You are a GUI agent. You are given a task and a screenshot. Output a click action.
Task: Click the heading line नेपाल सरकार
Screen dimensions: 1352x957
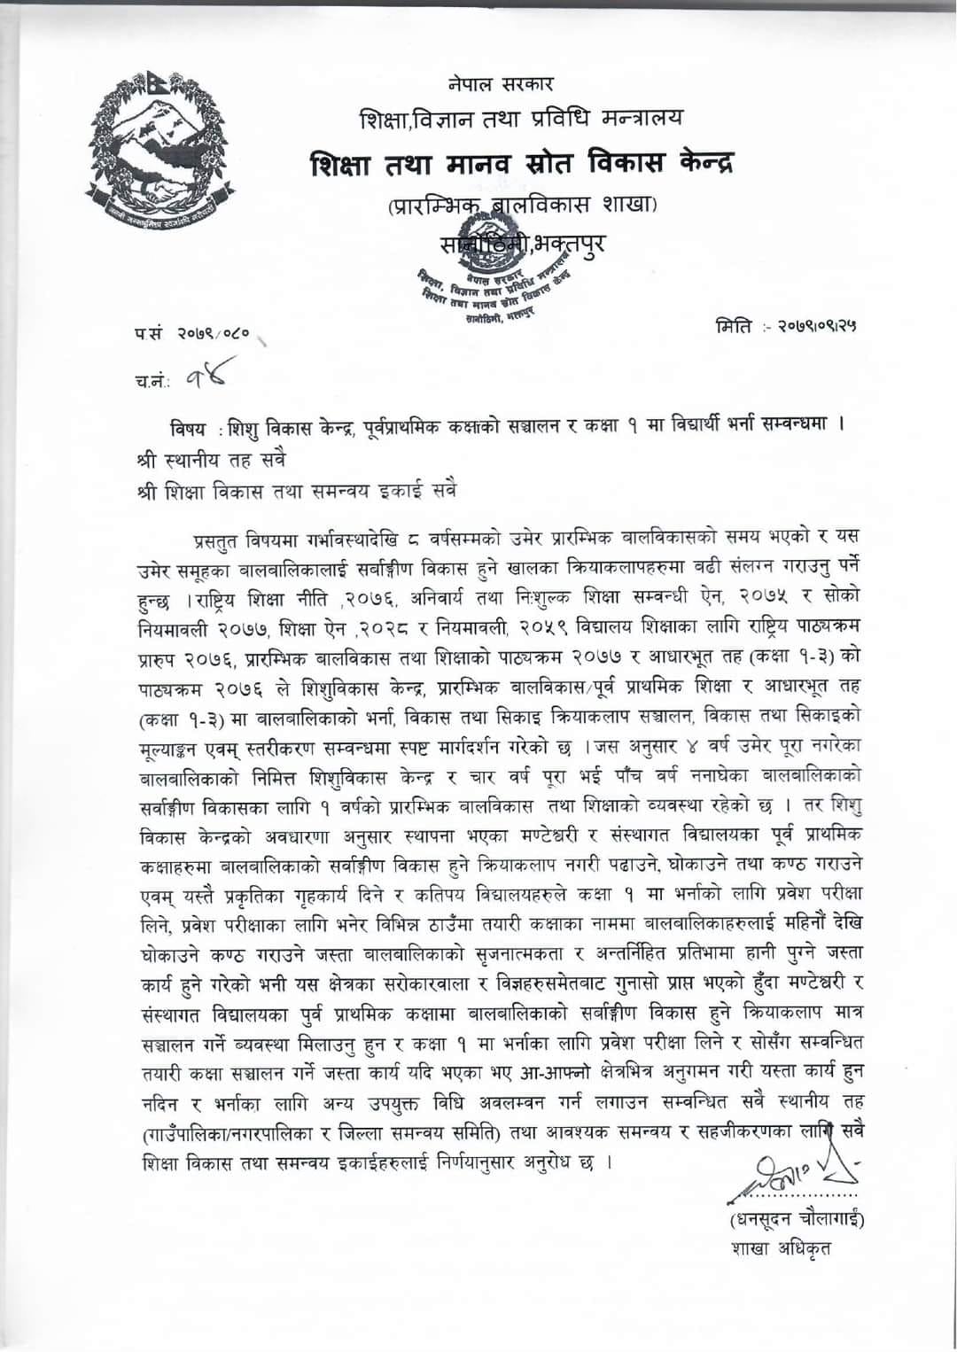(x=501, y=84)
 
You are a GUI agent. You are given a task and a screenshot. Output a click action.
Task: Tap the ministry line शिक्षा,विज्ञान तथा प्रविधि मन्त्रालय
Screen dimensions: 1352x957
(x=521, y=118)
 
